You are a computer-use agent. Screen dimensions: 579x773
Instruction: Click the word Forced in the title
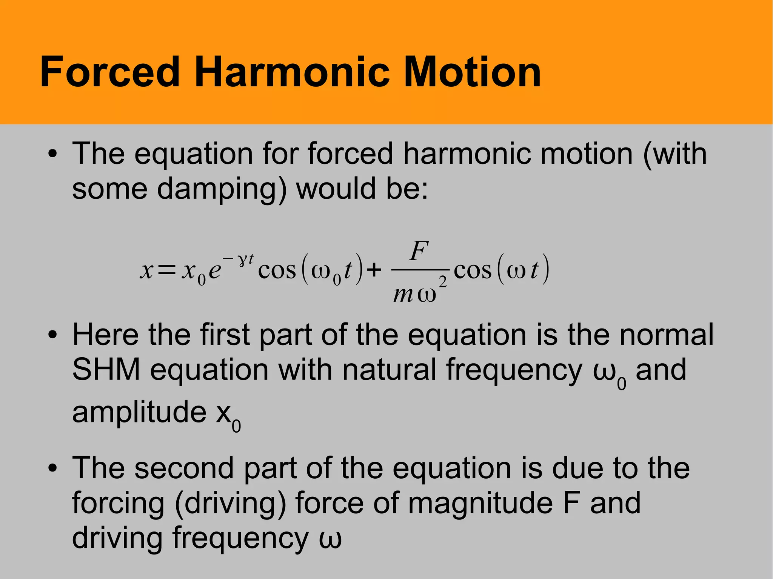[110, 72]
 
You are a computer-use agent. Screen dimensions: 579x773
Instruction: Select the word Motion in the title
[472, 72]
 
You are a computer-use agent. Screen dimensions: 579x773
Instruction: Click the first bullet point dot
[52, 154]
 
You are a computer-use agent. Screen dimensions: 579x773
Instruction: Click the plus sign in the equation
[374, 270]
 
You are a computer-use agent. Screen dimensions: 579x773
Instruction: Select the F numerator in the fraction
[419, 251]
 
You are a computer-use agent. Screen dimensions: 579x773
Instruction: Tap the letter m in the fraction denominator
[403, 294]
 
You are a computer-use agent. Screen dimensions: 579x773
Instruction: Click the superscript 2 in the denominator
[443, 282]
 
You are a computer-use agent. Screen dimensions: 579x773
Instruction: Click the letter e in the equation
[215, 271]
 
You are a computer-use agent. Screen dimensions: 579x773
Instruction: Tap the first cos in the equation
[277, 271]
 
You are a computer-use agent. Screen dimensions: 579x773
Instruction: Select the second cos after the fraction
[473, 271]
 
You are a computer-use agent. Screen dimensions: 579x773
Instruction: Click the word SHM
[106, 370]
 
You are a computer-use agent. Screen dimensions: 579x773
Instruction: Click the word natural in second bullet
[389, 370]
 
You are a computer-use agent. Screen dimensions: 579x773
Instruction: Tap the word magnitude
[480, 503]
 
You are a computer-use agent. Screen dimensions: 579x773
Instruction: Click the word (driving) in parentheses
[230, 504]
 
